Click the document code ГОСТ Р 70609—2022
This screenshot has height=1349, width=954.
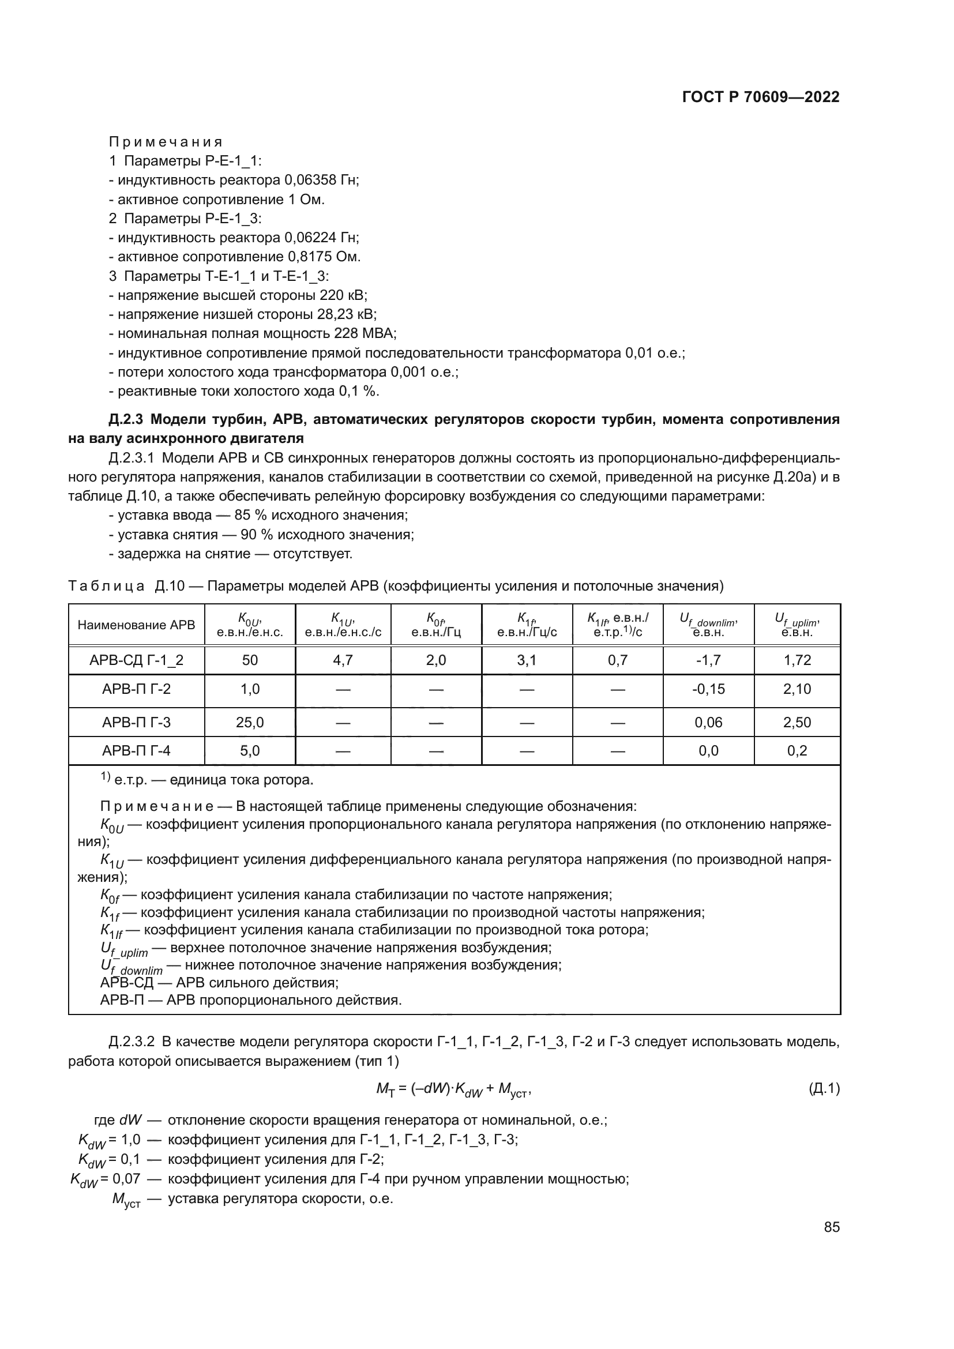coord(761,97)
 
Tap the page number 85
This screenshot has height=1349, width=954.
coord(831,1227)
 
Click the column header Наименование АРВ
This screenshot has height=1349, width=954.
coord(136,625)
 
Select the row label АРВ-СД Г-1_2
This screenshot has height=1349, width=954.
coord(136,660)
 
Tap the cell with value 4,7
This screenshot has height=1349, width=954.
coord(343,660)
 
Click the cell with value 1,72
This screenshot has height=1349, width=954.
coord(797,660)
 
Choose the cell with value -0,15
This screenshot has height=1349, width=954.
coord(708,689)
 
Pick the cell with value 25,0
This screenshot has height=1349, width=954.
coord(250,722)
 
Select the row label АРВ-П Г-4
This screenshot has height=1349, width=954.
coord(136,751)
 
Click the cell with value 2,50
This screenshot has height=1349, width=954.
coord(797,722)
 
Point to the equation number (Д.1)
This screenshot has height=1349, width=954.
coord(824,1089)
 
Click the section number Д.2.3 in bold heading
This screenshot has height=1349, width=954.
coord(126,419)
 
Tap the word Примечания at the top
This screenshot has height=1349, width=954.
coord(166,142)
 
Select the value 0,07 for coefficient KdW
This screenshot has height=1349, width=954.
coord(126,1179)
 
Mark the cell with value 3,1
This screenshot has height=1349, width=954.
coord(527,660)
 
